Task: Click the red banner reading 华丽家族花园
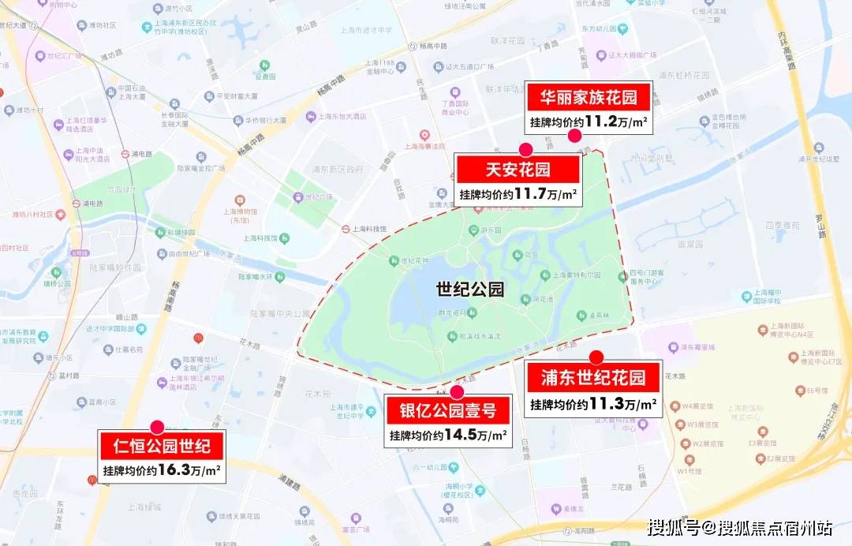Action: click(x=589, y=98)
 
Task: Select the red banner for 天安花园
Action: click(x=518, y=169)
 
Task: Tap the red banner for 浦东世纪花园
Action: click(x=593, y=377)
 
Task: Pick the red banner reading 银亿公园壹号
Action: click(x=448, y=411)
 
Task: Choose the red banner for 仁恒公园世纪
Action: click(x=162, y=447)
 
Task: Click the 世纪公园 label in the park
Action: click(x=469, y=289)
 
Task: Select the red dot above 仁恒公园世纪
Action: click(x=157, y=428)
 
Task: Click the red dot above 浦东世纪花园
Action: click(x=596, y=357)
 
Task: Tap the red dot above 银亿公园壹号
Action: click(x=458, y=391)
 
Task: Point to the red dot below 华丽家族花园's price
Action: click(x=575, y=136)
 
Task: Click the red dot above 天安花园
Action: click(x=525, y=149)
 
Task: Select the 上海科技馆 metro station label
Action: click(x=368, y=229)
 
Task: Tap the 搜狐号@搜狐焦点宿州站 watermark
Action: click(x=739, y=527)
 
